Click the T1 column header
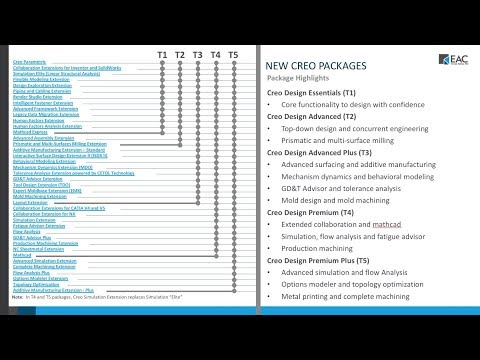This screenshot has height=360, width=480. (162, 53)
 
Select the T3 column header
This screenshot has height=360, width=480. (198, 53)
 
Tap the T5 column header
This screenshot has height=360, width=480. (233, 53)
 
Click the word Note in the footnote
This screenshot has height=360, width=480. (18, 297)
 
